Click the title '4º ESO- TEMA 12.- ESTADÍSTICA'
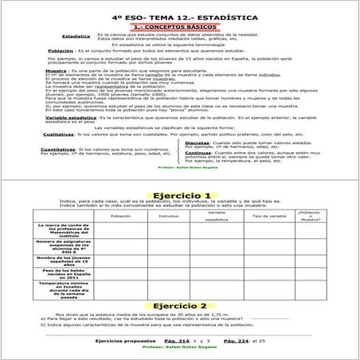pyautogui.click(x=179, y=17)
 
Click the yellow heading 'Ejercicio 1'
pyautogui.click(x=180, y=195)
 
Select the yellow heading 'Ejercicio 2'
pyautogui.click(x=180, y=305)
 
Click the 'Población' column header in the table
pyautogui.click(x=120, y=216)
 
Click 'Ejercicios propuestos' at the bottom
pyautogui.click(x=120, y=340)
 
